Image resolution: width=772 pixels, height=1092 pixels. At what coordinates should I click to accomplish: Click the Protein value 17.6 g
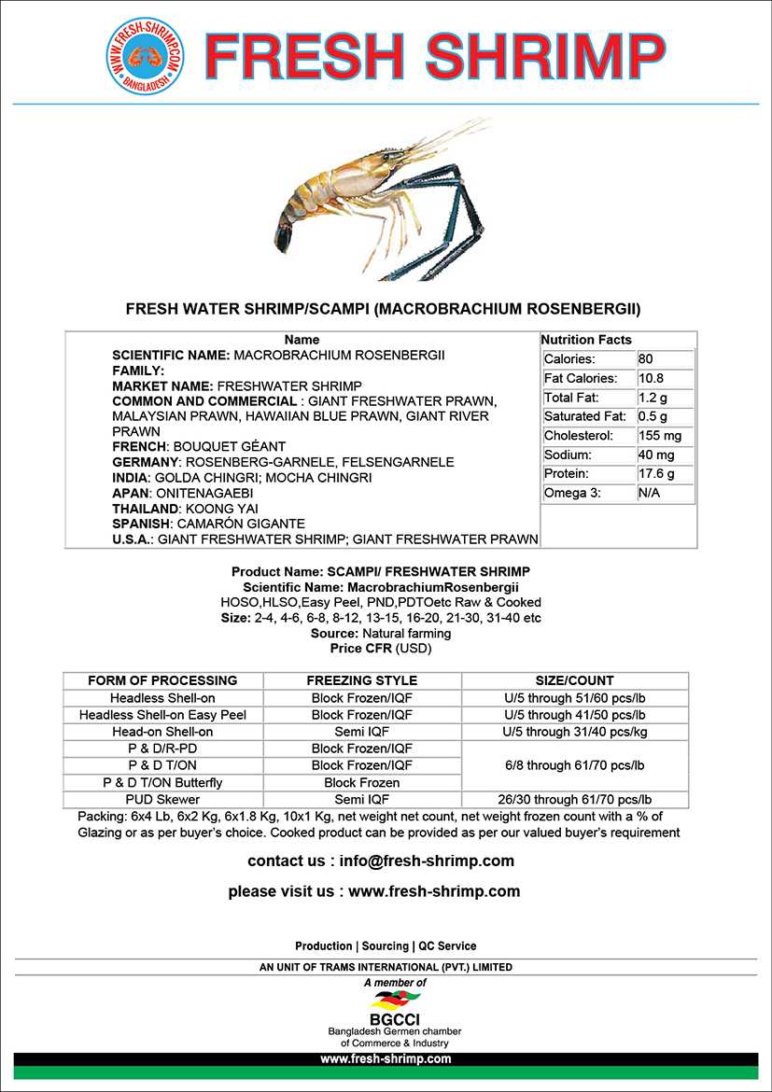656,474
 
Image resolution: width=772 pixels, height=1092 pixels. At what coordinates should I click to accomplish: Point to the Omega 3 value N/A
649,493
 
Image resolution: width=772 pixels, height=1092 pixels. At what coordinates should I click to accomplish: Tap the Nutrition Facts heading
586,340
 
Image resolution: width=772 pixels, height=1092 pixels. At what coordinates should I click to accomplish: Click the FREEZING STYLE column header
362,680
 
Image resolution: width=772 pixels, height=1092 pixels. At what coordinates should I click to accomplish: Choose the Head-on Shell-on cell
162,732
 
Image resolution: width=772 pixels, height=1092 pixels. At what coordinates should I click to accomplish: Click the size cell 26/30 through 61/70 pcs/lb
575,799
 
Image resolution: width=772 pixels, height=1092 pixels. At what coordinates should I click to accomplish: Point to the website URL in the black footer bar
386,1059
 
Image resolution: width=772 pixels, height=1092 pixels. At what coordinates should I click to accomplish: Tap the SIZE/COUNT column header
574,680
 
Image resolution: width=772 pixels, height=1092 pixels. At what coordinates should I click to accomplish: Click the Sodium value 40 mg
656,455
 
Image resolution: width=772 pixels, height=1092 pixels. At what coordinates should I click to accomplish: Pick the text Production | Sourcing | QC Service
386,945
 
